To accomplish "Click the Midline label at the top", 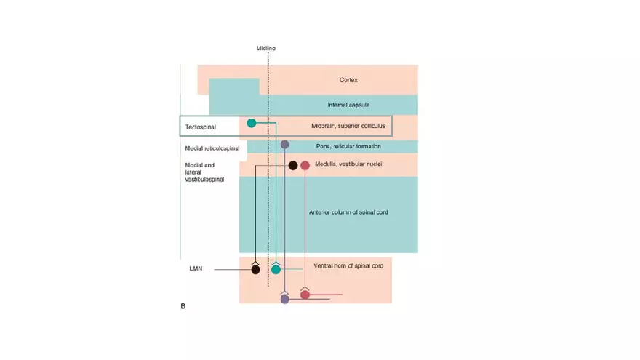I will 265,48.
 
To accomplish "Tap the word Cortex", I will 348,80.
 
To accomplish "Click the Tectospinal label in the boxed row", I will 201,127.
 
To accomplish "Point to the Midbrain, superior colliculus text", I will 343,126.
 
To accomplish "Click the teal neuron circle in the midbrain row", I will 252,123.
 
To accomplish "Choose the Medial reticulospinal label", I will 212,147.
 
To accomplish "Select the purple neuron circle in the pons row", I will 285,145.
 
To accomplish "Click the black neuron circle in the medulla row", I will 293,165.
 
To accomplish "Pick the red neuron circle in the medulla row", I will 305,165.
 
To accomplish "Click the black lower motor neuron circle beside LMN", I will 256,270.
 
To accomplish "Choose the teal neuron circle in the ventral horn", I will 276,270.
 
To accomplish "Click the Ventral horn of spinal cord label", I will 348,266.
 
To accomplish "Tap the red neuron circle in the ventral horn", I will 305,295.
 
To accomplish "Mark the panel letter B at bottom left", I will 183,306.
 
